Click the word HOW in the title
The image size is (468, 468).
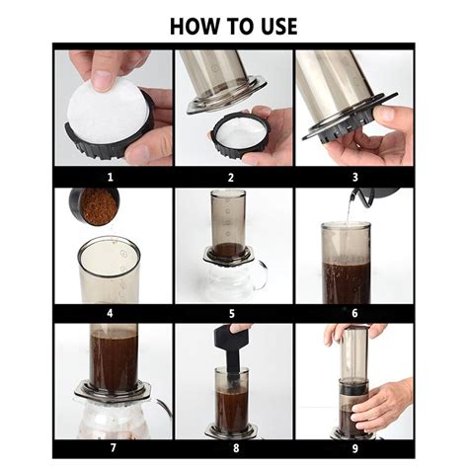pos(194,26)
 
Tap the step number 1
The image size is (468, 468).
pos(113,177)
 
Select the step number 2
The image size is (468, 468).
pos(233,177)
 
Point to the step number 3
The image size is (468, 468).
pos(352,177)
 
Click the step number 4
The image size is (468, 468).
pos(113,313)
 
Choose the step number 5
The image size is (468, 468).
pos(233,313)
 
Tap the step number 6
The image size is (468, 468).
pos(352,313)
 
